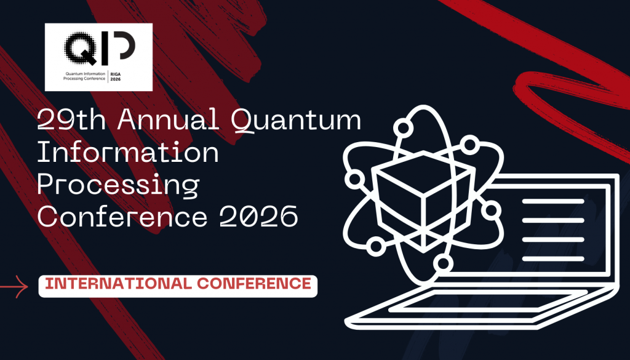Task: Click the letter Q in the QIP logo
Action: pos(81,48)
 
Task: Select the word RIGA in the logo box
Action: pos(115,74)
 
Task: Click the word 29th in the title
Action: pos(71,119)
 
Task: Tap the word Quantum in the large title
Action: pos(296,120)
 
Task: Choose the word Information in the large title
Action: pos(128,152)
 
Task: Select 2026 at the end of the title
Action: pos(258,217)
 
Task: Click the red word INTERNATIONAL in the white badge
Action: pos(119,284)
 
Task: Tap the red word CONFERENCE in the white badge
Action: pos(254,284)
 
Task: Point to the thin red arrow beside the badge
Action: pos(14,287)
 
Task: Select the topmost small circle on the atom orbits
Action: pos(403,128)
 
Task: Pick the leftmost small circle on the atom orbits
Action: pos(355,179)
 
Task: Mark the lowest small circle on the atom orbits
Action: pos(443,263)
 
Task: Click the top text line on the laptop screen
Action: pos(553,201)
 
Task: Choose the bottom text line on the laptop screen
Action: pos(553,258)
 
